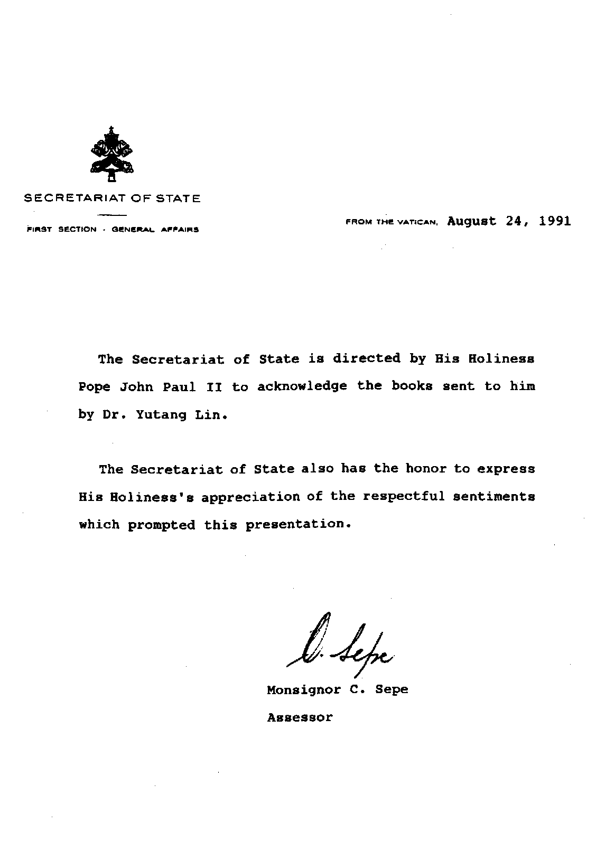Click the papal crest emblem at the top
111,154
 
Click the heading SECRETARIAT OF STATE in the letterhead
112,199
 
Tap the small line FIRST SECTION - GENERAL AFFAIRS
112,230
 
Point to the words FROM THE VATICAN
392,223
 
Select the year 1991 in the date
555,221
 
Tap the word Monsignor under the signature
304,689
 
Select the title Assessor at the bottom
300,717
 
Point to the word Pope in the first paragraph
95,387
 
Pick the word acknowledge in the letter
302,386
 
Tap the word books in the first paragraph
412,386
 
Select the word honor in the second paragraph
426,469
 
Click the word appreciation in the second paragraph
250,497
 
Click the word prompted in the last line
162,525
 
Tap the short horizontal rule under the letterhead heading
112,215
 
